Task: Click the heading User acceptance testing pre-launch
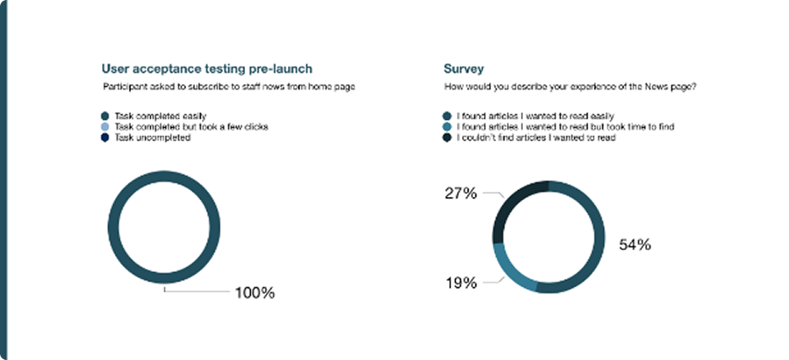point(207,68)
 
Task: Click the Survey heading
point(464,69)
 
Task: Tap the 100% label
point(254,292)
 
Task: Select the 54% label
point(635,245)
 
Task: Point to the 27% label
point(460,193)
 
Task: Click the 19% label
point(461,283)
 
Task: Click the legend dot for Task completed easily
point(105,117)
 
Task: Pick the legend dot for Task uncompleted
point(105,138)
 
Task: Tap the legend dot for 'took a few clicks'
point(105,127)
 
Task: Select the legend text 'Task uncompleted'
point(152,138)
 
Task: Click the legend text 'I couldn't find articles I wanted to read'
point(536,138)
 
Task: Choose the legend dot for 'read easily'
point(447,117)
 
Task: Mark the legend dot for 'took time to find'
point(447,127)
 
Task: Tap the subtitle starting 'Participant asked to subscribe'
point(229,86)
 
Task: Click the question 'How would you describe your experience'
point(570,86)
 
